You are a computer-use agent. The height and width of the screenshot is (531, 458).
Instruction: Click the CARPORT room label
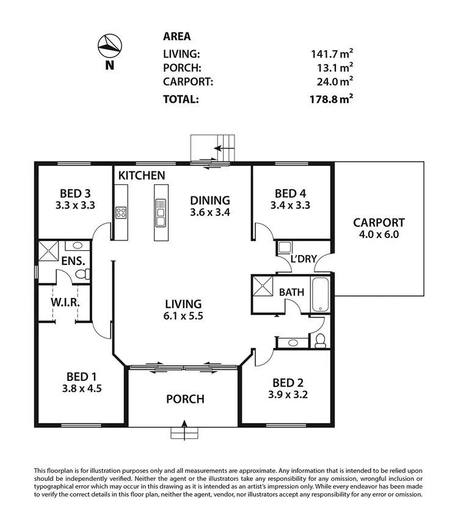pos(379,223)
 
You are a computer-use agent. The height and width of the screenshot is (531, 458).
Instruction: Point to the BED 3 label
pos(76,193)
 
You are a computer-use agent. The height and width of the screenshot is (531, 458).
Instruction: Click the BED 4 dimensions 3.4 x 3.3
pos(291,206)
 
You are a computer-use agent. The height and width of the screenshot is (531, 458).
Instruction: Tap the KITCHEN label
pos(142,176)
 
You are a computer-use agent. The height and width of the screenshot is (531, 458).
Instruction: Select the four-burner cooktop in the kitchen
pos(121,213)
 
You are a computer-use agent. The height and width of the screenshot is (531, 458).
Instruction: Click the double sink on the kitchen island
pos(161,212)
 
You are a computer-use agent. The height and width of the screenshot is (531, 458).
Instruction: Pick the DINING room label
pos(209,200)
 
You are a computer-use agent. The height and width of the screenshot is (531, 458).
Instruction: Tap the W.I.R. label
pos(67,303)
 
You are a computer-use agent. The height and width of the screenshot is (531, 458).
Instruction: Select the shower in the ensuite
pos(47,252)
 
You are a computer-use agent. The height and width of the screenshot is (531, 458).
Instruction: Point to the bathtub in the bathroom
pos(320,294)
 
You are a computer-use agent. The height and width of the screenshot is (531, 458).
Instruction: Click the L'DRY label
pos(304,259)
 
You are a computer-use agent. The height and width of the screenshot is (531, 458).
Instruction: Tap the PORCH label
pos(185,399)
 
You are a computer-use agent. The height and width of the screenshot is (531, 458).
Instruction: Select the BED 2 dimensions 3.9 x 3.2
pos(288,395)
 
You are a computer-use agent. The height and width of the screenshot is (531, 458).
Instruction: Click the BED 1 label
pos(78,376)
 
